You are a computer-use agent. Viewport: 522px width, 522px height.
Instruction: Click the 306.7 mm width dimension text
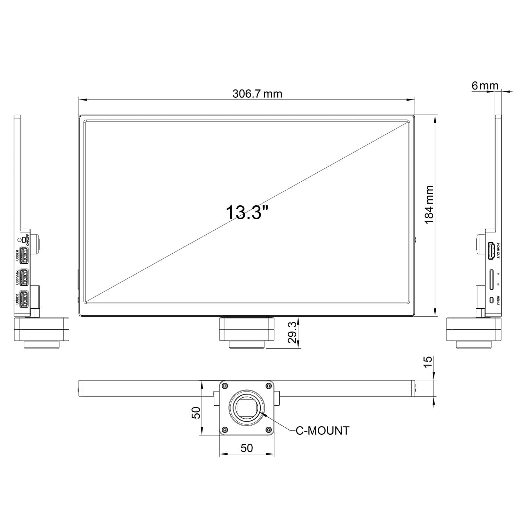(x=257, y=94)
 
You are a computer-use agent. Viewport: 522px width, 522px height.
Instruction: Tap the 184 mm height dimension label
(x=429, y=205)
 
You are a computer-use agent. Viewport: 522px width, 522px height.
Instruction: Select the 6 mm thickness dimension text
(x=485, y=85)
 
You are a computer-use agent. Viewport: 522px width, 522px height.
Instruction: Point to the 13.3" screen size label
(x=247, y=212)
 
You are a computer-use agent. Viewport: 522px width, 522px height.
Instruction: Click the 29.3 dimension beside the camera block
(x=293, y=332)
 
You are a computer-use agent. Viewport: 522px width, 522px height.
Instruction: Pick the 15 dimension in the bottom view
(x=429, y=361)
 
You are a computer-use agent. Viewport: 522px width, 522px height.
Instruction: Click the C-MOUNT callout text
(x=322, y=430)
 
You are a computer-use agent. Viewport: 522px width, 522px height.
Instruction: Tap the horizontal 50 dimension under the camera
(x=246, y=448)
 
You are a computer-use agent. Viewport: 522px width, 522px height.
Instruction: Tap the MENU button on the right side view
(x=491, y=300)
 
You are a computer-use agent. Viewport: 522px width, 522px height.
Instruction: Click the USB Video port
(x=24, y=277)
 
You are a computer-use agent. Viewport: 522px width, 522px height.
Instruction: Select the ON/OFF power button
(x=23, y=239)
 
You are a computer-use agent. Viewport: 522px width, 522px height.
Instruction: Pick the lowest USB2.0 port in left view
(x=24, y=299)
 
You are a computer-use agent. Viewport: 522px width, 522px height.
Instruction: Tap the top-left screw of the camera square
(x=225, y=386)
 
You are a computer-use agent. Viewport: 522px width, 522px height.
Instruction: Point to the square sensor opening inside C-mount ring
(x=246, y=408)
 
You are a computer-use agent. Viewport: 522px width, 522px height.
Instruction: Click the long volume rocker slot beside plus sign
(x=491, y=279)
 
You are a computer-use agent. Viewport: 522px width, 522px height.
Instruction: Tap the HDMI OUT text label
(x=498, y=251)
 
